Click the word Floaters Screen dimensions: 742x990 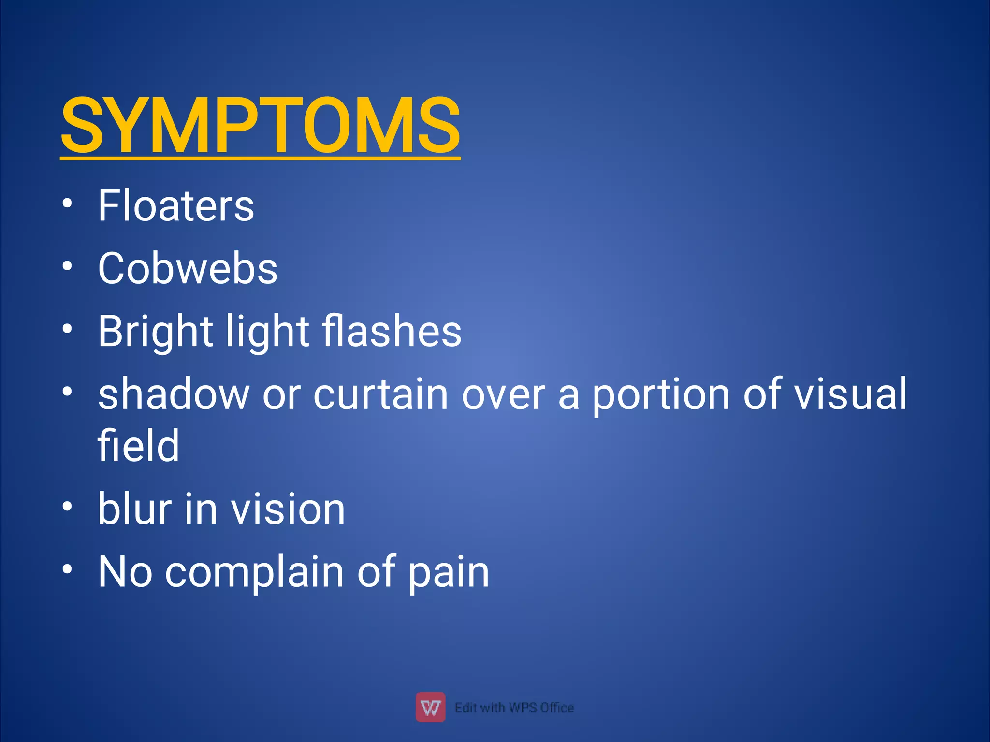click(176, 206)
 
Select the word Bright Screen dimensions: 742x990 click(155, 332)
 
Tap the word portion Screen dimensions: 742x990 click(661, 395)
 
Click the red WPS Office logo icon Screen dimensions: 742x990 click(430, 707)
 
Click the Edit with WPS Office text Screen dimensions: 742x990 click(514, 708)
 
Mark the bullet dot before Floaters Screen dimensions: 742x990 click(67, 203)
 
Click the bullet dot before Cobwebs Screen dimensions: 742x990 click(67, 266)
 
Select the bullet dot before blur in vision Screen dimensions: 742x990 click(67, 507)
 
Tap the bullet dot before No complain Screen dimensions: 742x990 click(67, 569)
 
